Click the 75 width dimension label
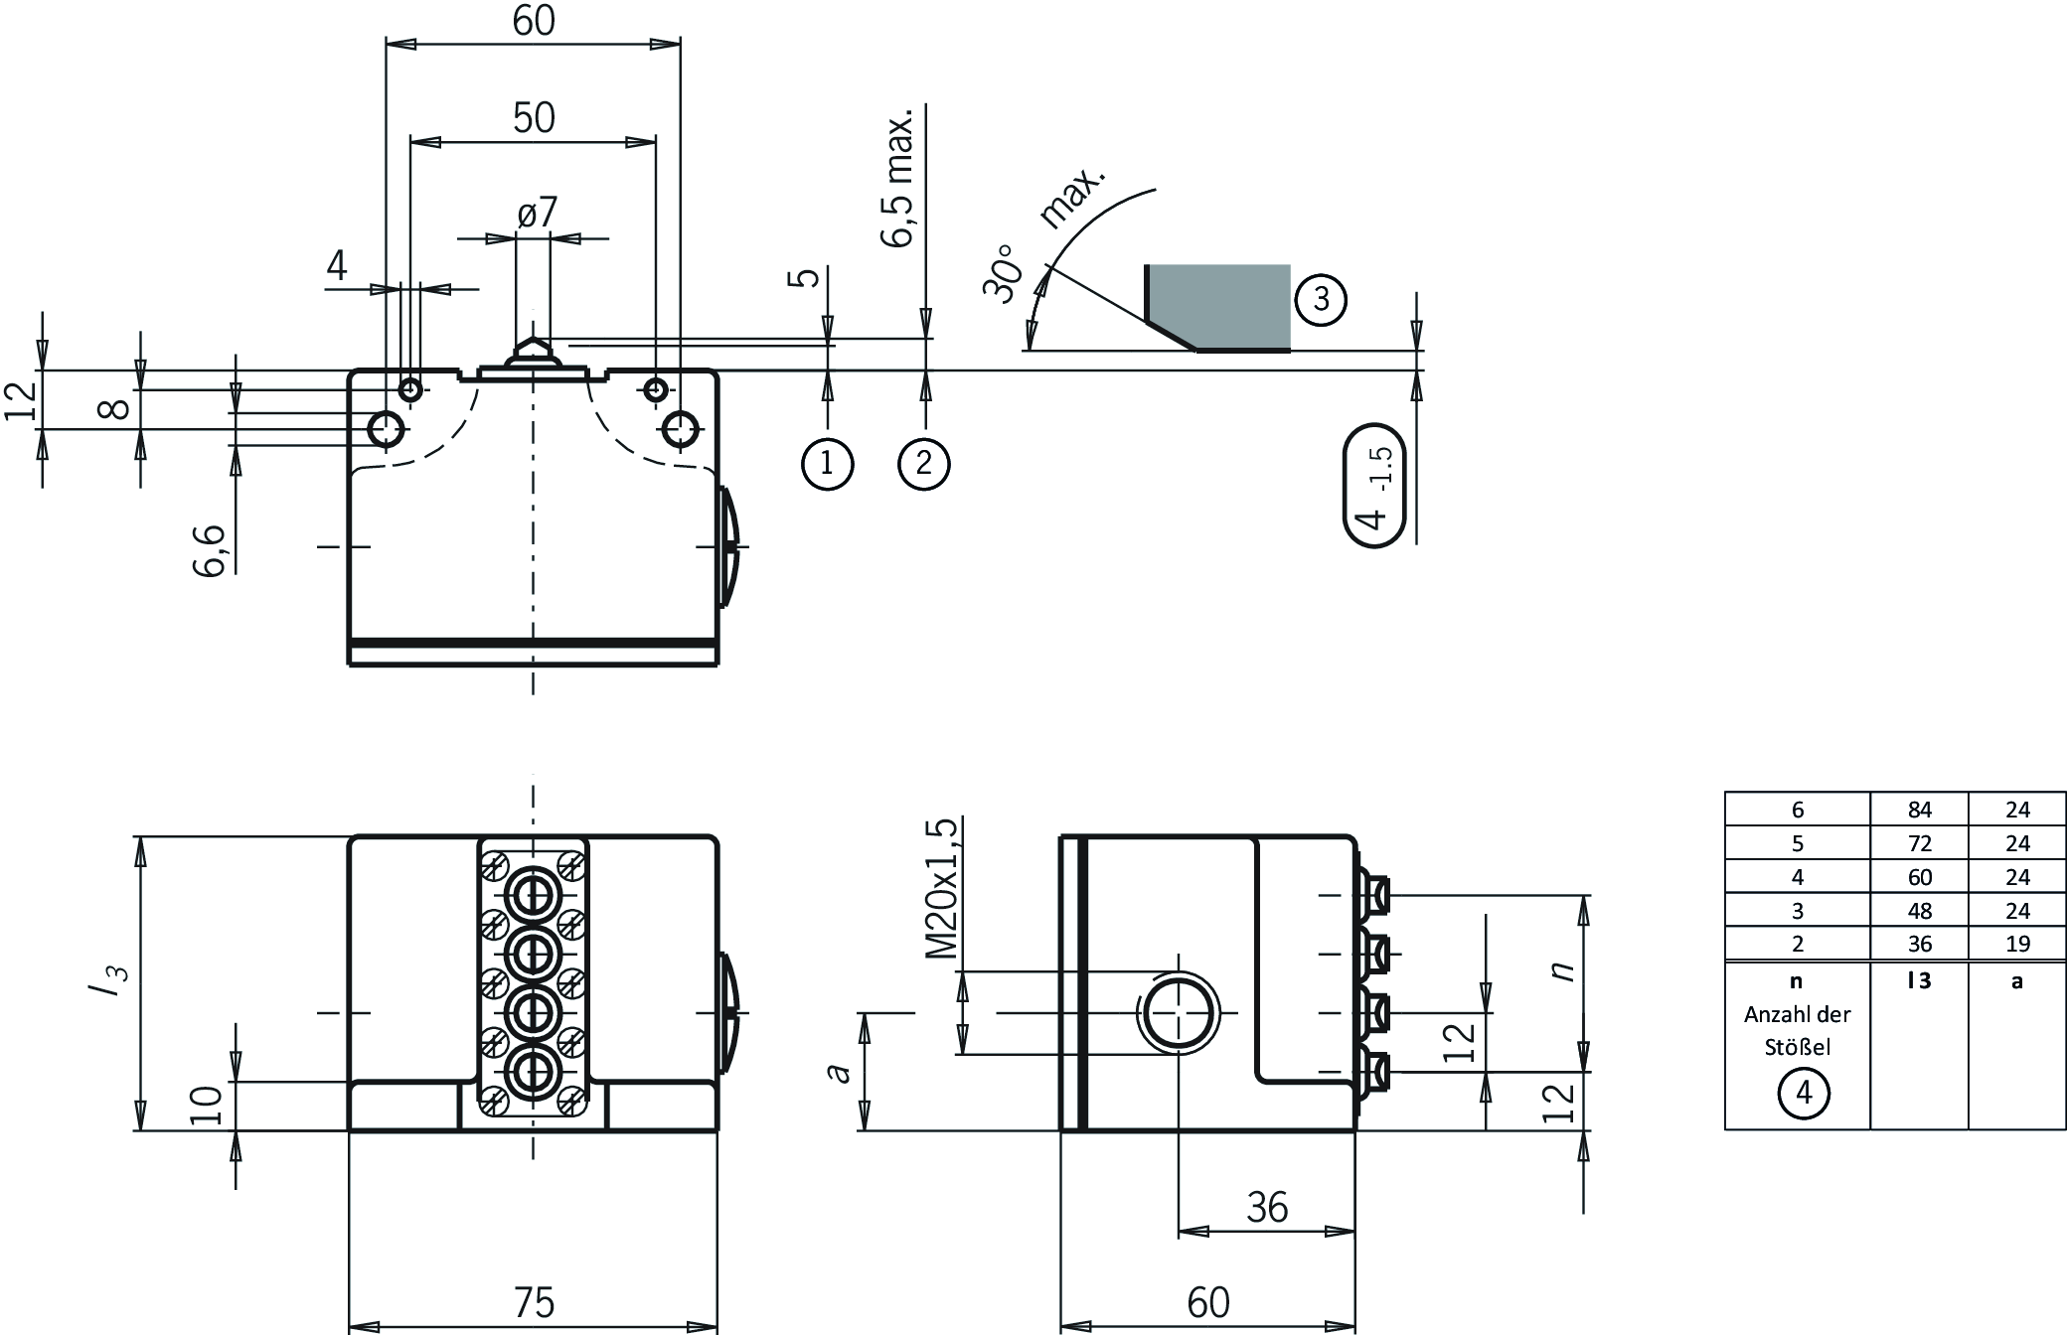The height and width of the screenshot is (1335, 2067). (x=534, y=1302)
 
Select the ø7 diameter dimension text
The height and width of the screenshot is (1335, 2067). (x=538, y=212)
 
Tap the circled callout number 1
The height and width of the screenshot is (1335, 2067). (x=827, y=463)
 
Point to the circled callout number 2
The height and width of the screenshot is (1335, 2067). (x=924, y=463)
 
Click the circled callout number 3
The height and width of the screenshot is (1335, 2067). (x=1321, y=299)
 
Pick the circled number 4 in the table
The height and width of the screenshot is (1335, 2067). (x=1804, y=1094)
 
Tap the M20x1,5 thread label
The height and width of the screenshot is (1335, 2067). (x=942, y=889)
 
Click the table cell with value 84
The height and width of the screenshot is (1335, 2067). (x=1919, y=810)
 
